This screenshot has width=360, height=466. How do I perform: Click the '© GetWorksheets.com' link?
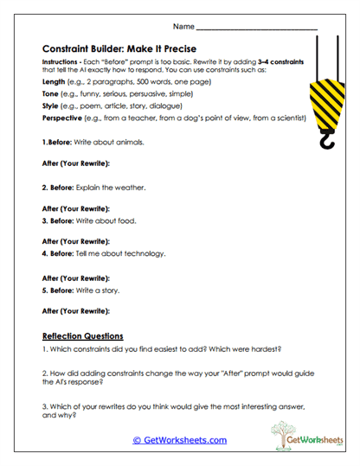[x=179, y=440]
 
